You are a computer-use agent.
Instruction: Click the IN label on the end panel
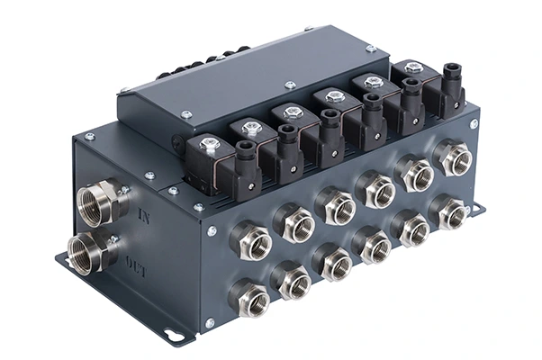click(x=143, y=216)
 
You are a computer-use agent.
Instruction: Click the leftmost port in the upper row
click(x=251, y=239)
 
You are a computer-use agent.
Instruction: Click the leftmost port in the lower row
click(x=249, y=297)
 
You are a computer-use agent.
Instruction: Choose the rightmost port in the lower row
click(x=447, y=211)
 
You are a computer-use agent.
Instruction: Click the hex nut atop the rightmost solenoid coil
click(x=411, y=67)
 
